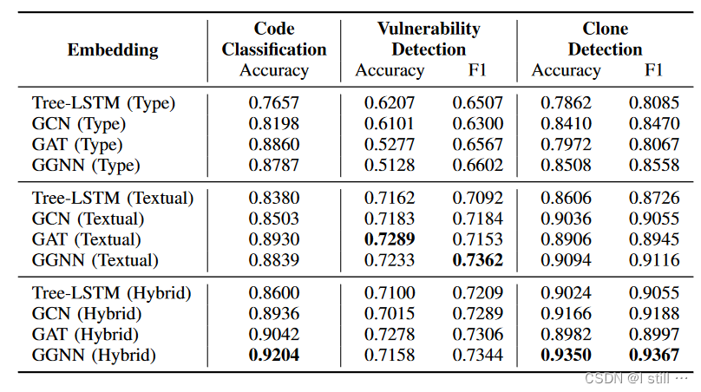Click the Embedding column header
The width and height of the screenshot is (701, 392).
[113, 49]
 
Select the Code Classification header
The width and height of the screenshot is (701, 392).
[274, 39]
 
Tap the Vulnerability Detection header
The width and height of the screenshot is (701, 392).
[429, 39]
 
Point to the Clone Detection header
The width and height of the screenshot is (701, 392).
[605, 39]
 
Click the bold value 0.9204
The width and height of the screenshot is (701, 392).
[274, 355]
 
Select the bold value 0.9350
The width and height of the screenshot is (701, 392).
[567, 355]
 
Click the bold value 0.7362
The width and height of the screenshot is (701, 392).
[477, 259]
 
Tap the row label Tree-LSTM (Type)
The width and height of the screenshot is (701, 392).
[103, 103]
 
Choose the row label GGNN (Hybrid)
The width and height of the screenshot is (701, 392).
[94, 355]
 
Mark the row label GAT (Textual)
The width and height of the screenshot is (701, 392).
[86, 238]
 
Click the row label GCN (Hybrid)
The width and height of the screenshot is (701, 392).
[89, 313]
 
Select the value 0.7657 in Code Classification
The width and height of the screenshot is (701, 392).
[274, 103]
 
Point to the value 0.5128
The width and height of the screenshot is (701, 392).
[390, 165]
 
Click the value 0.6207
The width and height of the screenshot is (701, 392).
[390, 103]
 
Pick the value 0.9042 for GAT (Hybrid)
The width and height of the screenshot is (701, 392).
[274, 334]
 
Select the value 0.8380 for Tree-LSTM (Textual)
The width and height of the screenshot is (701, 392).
[274, 198]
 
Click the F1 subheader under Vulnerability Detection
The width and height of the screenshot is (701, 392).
[477, 70]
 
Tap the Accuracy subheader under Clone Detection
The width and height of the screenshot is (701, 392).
[567, 70]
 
